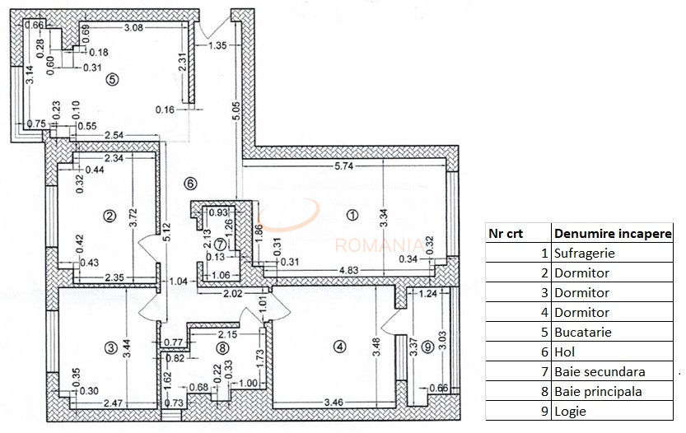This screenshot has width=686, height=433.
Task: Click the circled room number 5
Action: tap(113, 79)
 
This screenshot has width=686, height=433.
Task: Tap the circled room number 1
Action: tap(352, 216)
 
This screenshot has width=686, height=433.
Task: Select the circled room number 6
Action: tap(189, 183)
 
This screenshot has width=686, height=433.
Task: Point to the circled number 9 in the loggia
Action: tap(427, 347)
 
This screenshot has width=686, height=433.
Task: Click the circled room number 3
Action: tap(112, 348)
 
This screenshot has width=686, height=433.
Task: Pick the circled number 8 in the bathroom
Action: tap(221, 348)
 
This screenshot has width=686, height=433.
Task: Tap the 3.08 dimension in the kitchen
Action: tap(133, 28)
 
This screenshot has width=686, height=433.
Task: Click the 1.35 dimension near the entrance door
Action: tap(217, 45)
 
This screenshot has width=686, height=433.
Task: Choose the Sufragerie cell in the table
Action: tap(585, 254)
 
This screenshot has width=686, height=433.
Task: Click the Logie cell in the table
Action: tap(571, 412)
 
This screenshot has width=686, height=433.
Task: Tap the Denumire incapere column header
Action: tap(613, 233)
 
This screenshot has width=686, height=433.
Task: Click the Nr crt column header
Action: tap(506, 233)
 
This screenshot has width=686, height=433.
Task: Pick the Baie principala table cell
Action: tap(598, 392)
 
